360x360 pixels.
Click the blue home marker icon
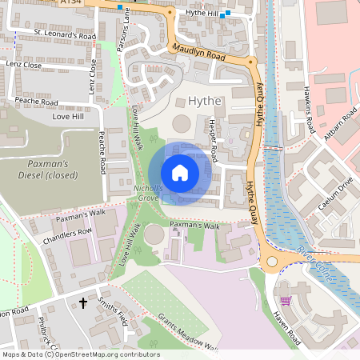(x=180, y=172)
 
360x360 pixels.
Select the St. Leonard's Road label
(x=65, y=35)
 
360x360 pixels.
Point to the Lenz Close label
(x=23, y=62)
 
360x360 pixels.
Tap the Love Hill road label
(x=68, y=117)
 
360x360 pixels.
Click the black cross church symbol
(x=83, y=303)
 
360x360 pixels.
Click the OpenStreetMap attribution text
(x=81, y=354)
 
